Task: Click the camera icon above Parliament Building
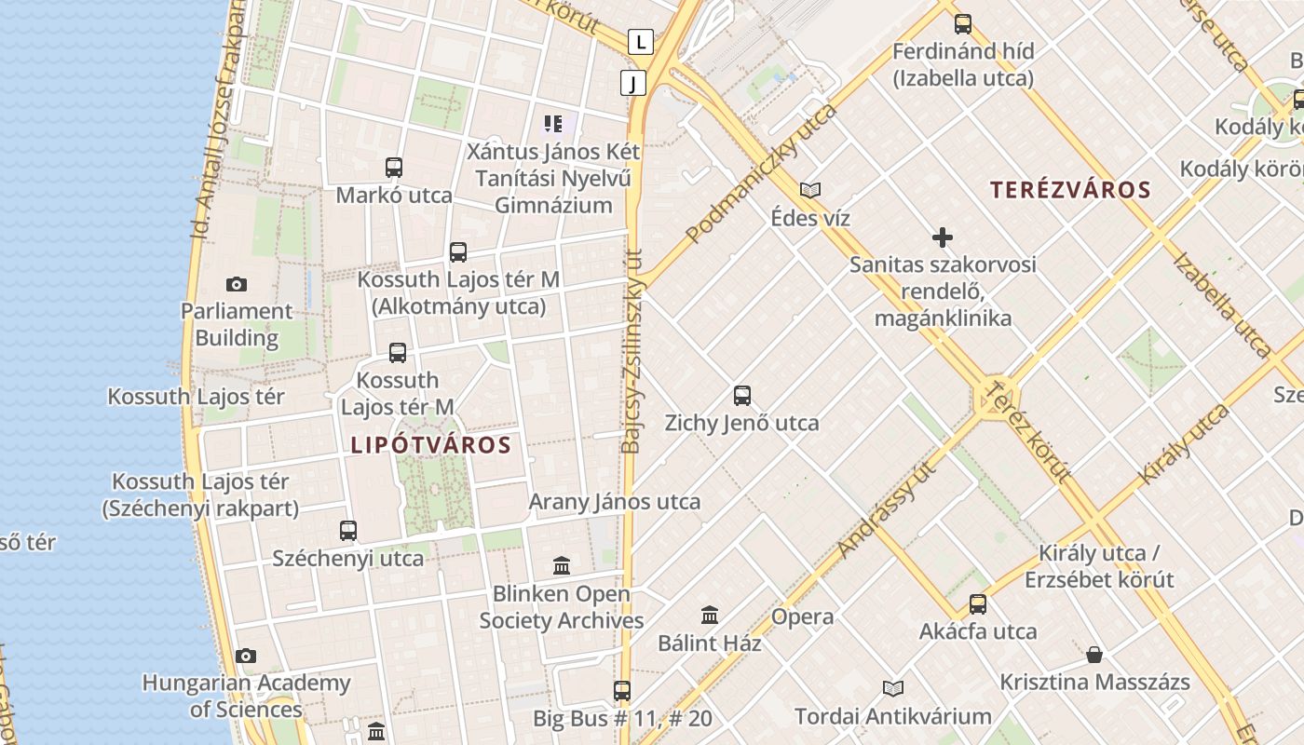(237, 284)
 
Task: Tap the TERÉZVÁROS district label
(1070, 190)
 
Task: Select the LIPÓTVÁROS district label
(431, 445)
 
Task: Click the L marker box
(640, 41)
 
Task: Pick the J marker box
(633, 84)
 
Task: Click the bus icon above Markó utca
(394, 168)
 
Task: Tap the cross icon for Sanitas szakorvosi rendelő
(943, 237)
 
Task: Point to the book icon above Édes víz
(810, 190)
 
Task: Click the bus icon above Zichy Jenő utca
(742, 395)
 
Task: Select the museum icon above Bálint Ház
(710, 615)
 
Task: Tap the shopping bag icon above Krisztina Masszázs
(1094, 655)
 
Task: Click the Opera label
(802, 616)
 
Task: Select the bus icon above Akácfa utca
(978, 603)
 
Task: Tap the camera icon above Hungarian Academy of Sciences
(246, 656)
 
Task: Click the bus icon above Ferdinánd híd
(963, 24)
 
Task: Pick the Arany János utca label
(615, 502)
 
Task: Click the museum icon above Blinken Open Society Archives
(562, 565)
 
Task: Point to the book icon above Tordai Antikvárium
(893, 688)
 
